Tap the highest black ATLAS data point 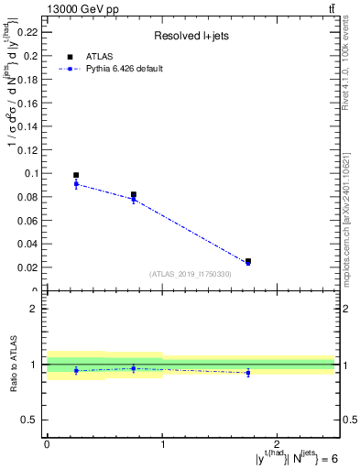pos(76,175)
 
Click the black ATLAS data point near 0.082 pos(134,195)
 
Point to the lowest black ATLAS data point pos(248,261)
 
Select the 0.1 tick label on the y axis pos(31,173)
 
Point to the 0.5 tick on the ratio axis pos(33,420)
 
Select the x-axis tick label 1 pos(162,444)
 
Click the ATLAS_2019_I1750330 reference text pos(191,274)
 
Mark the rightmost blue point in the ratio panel pos(248,372)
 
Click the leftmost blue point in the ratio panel pos(76,371)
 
